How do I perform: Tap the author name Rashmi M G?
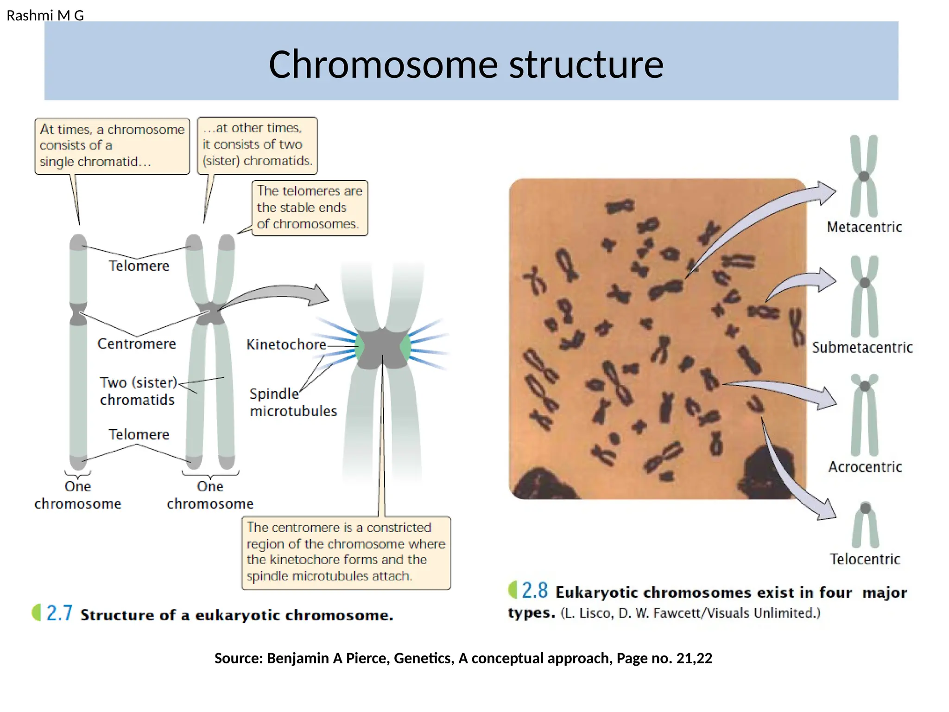tap(45, 16)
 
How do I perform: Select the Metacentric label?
tap(864, 227)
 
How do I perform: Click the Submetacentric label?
tap(862, 347)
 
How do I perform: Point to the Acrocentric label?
tap(865, 467)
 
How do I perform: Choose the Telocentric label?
tap(865, 559)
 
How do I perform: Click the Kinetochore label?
tap(286, 344)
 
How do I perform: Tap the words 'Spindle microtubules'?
tap(293, 402)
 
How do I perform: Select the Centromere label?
tap(137, 343)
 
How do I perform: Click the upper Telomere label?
tap(139, 266)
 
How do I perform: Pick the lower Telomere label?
tap(139, 434)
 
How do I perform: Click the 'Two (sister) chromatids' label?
tap(138, 391)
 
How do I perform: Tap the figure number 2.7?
tap(59, 613)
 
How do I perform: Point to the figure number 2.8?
tap(535, 591)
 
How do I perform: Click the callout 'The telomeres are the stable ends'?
tap(310, 208)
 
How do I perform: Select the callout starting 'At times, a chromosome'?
tap(112, 146)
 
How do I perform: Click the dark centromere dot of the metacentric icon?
tap(864, 176)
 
